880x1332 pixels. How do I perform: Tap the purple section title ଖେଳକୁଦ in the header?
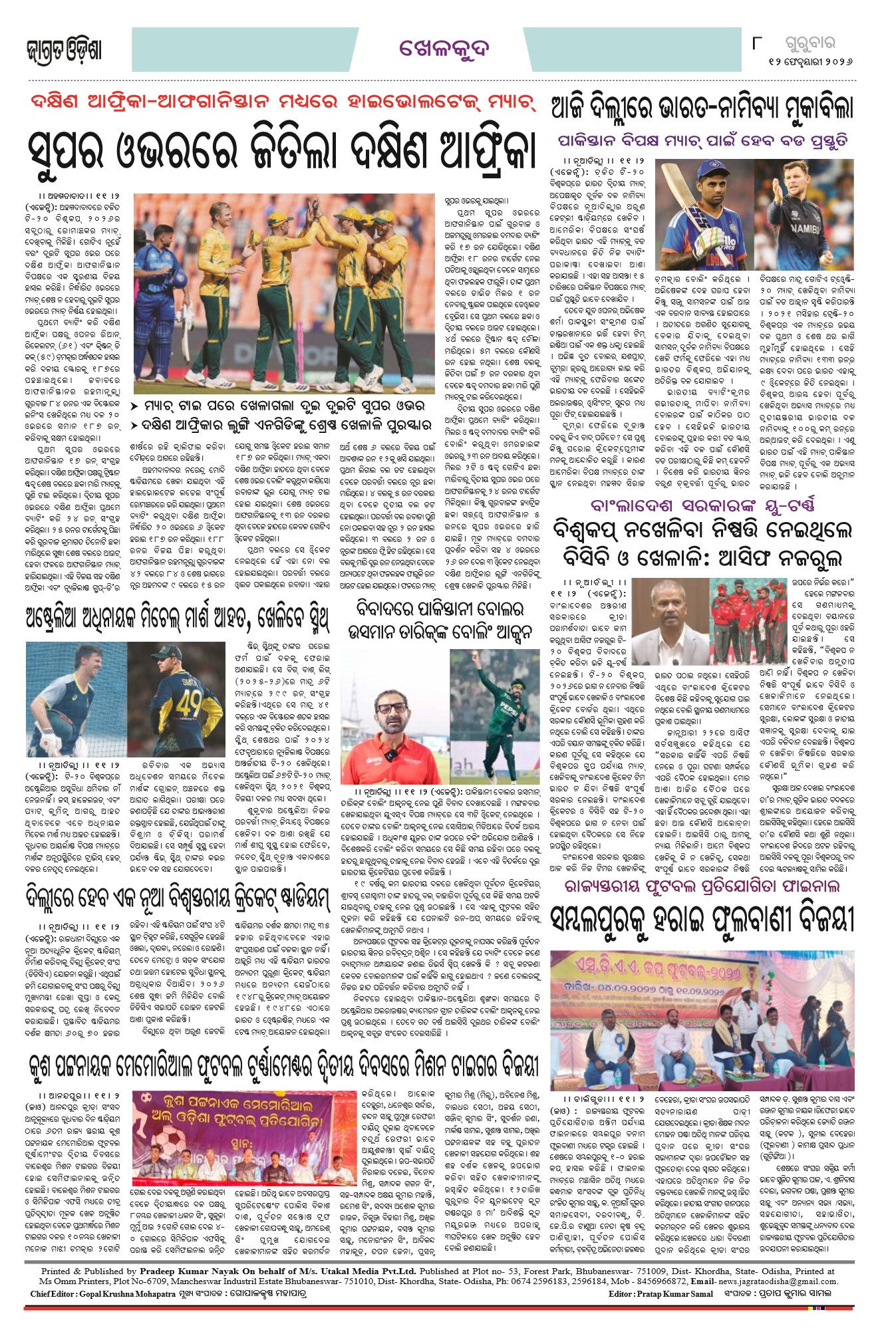(444, 49)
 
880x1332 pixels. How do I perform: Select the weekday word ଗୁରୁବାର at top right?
(809, 45)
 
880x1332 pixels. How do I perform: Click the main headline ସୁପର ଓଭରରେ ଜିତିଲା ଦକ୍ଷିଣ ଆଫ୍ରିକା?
(282, 151)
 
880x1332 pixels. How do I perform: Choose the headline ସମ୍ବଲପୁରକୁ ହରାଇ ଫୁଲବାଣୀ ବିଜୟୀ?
(701, 920)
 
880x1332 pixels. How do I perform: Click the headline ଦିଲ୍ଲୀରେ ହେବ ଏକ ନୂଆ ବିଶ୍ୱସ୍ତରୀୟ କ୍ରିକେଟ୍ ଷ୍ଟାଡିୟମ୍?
(177, 897)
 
